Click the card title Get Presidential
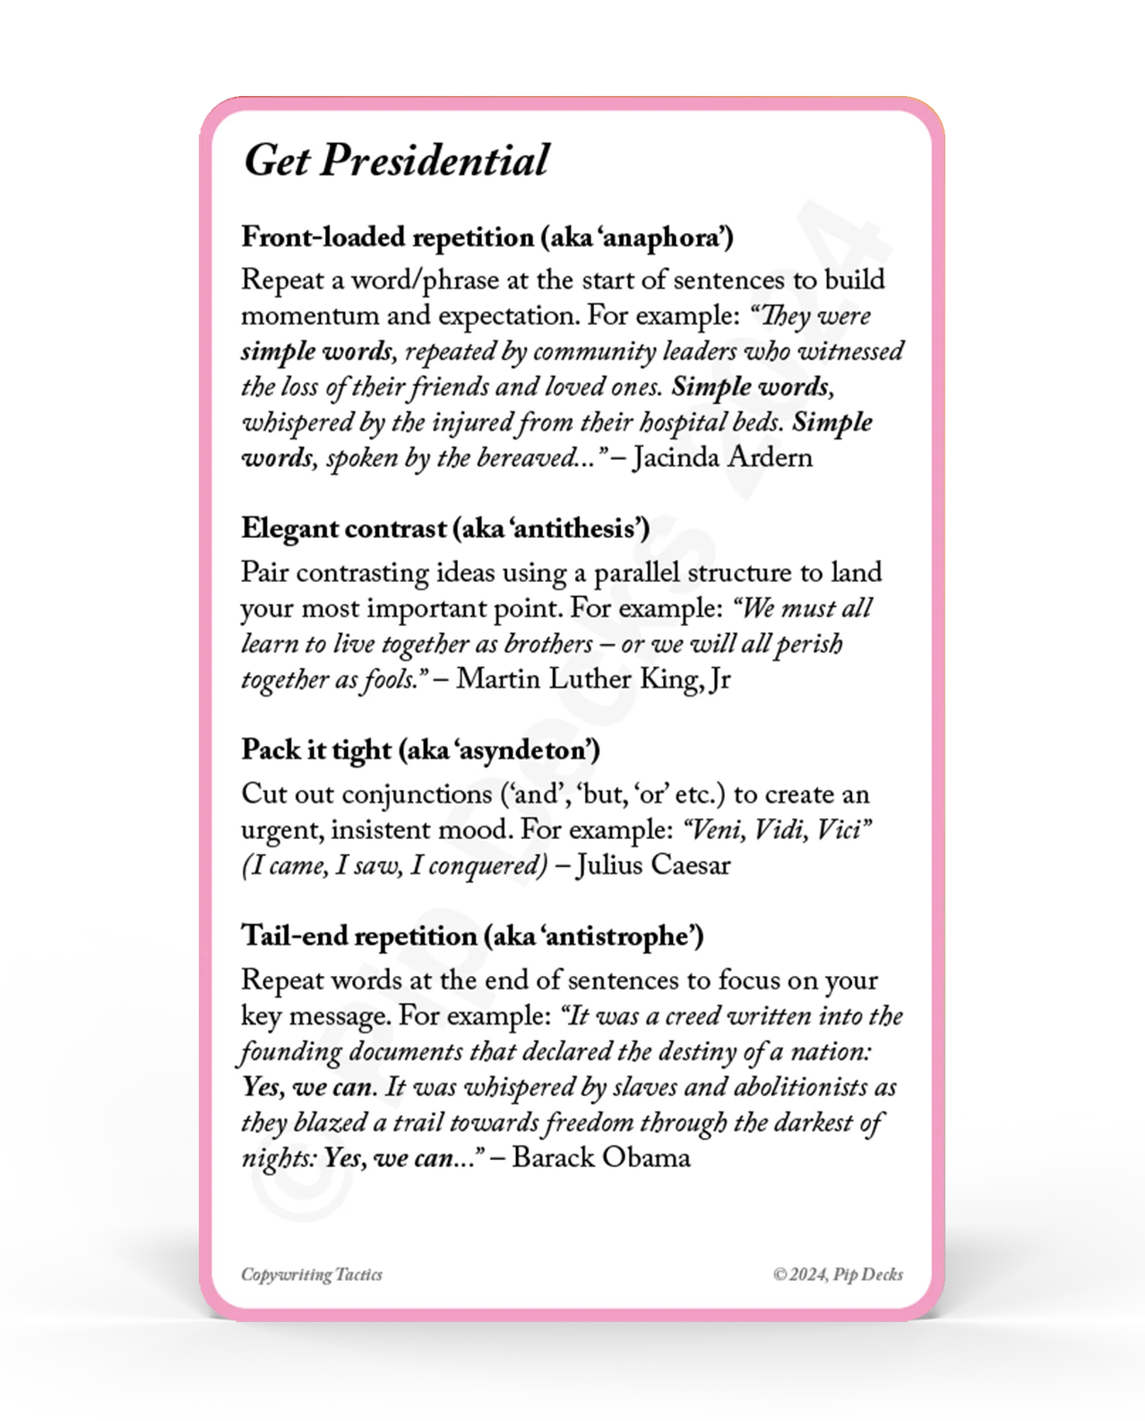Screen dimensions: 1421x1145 coord(396,161)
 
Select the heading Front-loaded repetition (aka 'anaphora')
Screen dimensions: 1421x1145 coord(487,237)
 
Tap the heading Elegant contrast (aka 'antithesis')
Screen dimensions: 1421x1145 coord(445,529)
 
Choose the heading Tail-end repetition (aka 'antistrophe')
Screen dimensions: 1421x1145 coord(472,936)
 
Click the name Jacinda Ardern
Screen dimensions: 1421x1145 coord(723,457)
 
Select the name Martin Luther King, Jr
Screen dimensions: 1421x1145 coord(593,679)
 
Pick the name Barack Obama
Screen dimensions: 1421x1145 coord(601,1158)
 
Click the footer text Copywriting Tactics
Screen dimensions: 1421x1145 coord(312,1275)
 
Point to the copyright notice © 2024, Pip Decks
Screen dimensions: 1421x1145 coord(838,1275)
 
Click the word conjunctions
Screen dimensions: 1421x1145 coord(417,794)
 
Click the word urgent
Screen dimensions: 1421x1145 coord(282,830)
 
